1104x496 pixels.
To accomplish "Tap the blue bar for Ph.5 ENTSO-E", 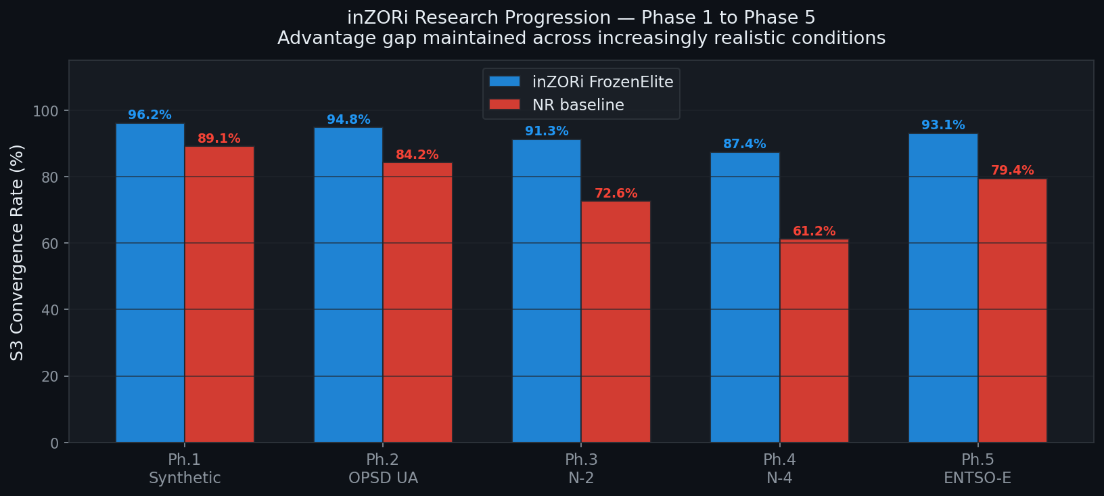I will (943, 288).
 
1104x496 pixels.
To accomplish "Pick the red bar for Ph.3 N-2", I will (616, 321).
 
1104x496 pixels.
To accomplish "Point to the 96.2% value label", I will (149, 115).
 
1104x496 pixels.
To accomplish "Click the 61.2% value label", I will (814, 231).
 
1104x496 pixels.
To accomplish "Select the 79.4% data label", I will (1012, 171).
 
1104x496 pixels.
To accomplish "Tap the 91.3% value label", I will (547, 131).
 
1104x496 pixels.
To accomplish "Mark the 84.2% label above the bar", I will (417, 155).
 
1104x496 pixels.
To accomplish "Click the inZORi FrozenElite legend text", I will (603, 82).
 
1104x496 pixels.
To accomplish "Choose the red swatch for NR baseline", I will (505, 105).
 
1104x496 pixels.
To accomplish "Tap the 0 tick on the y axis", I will (55, 443).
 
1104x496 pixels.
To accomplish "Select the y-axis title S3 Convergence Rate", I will (17, 252).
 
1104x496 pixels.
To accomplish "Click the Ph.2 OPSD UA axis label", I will (383, 469).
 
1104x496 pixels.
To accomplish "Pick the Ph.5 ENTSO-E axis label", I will (977, 469).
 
